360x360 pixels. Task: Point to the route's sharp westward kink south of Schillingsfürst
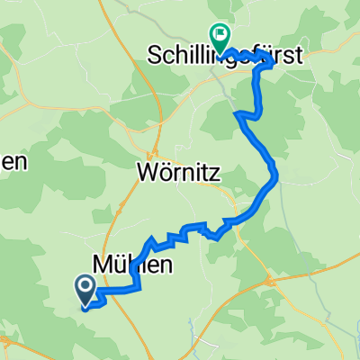[x=238, y=114]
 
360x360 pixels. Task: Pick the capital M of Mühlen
[x=103, y=264]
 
